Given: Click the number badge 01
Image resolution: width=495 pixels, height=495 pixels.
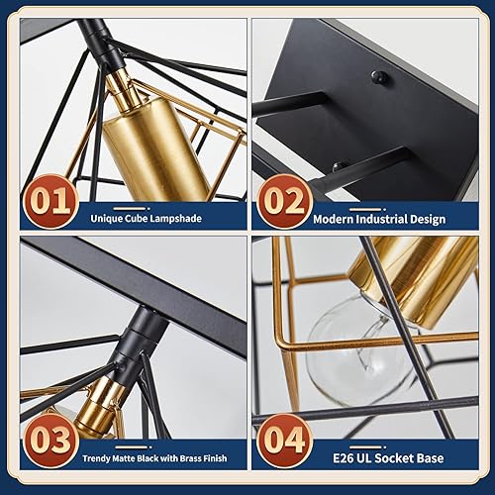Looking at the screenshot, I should tap(48, 201).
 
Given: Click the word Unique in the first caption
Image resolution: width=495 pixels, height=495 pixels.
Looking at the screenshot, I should tap(109, 217).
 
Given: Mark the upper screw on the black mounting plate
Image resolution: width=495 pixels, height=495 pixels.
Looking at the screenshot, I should tap(376, 76).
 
